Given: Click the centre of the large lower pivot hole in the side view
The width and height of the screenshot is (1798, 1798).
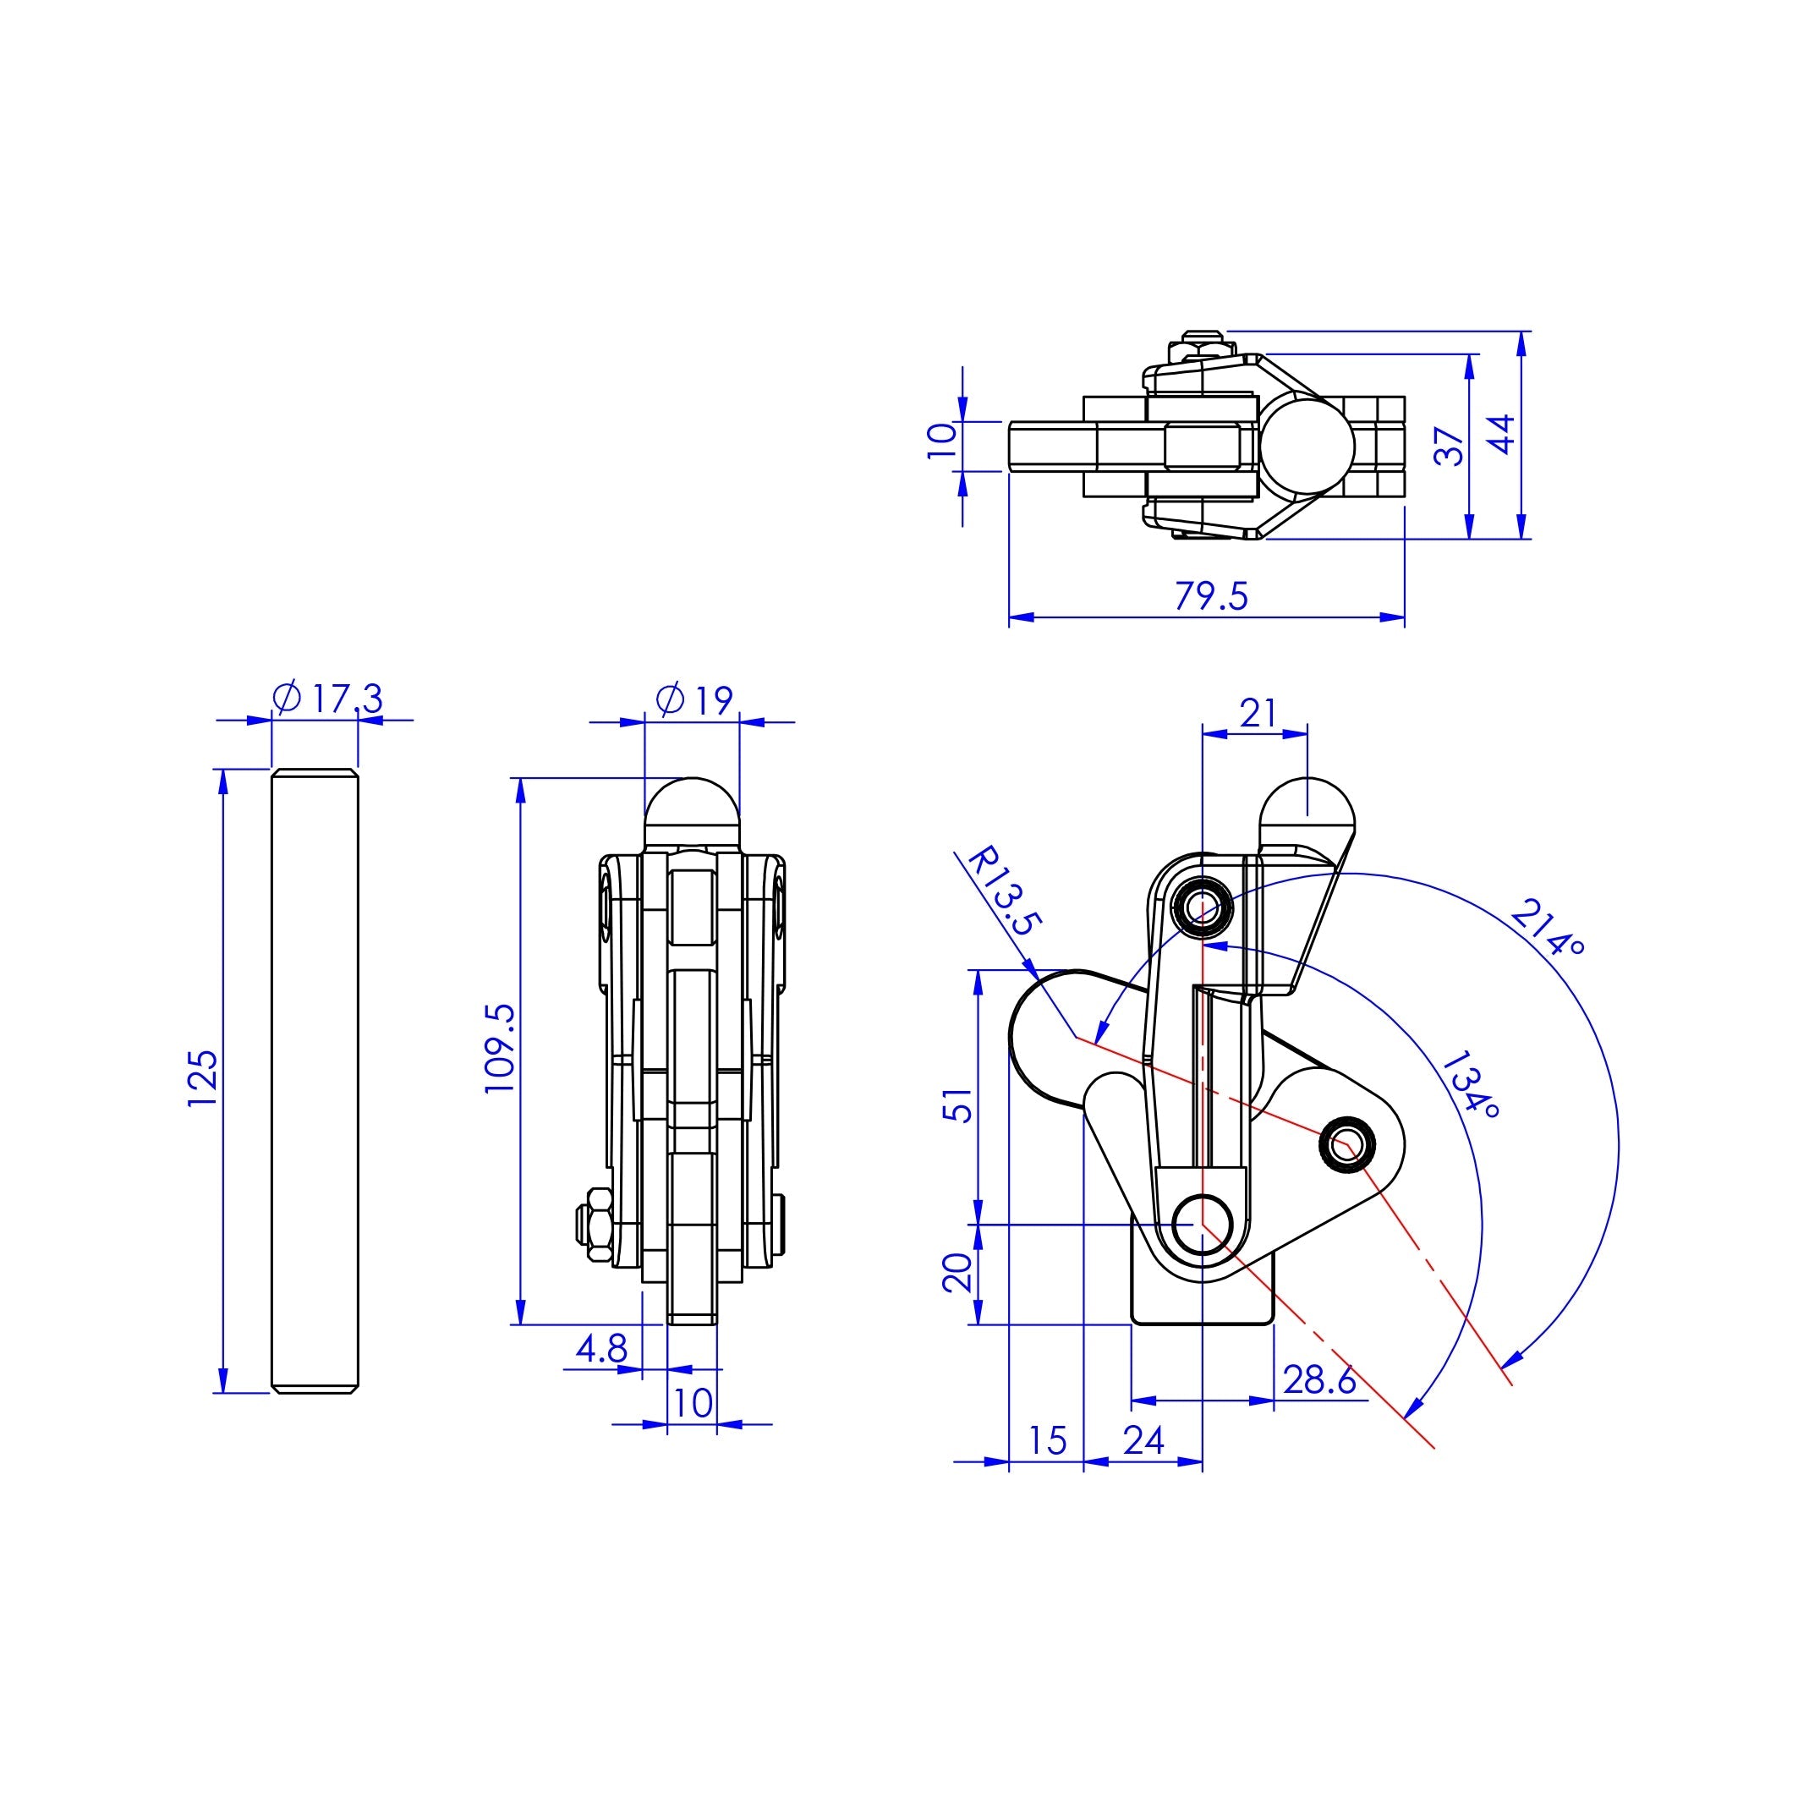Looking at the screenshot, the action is tap(1203, 1225).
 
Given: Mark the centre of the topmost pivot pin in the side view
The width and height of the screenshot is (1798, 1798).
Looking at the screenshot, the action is tap(1203, 905).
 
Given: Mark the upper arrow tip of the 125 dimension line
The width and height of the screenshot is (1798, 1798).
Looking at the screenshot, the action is tap(222, 770).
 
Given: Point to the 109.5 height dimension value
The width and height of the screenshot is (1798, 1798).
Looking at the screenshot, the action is tap(500, 1047).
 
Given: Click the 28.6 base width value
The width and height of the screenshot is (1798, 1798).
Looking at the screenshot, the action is tap(1318, 1380).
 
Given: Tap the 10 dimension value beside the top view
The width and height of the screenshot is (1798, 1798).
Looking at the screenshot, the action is tap(942, 439).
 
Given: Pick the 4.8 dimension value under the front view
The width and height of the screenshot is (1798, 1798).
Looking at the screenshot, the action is tap(601, 1348).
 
